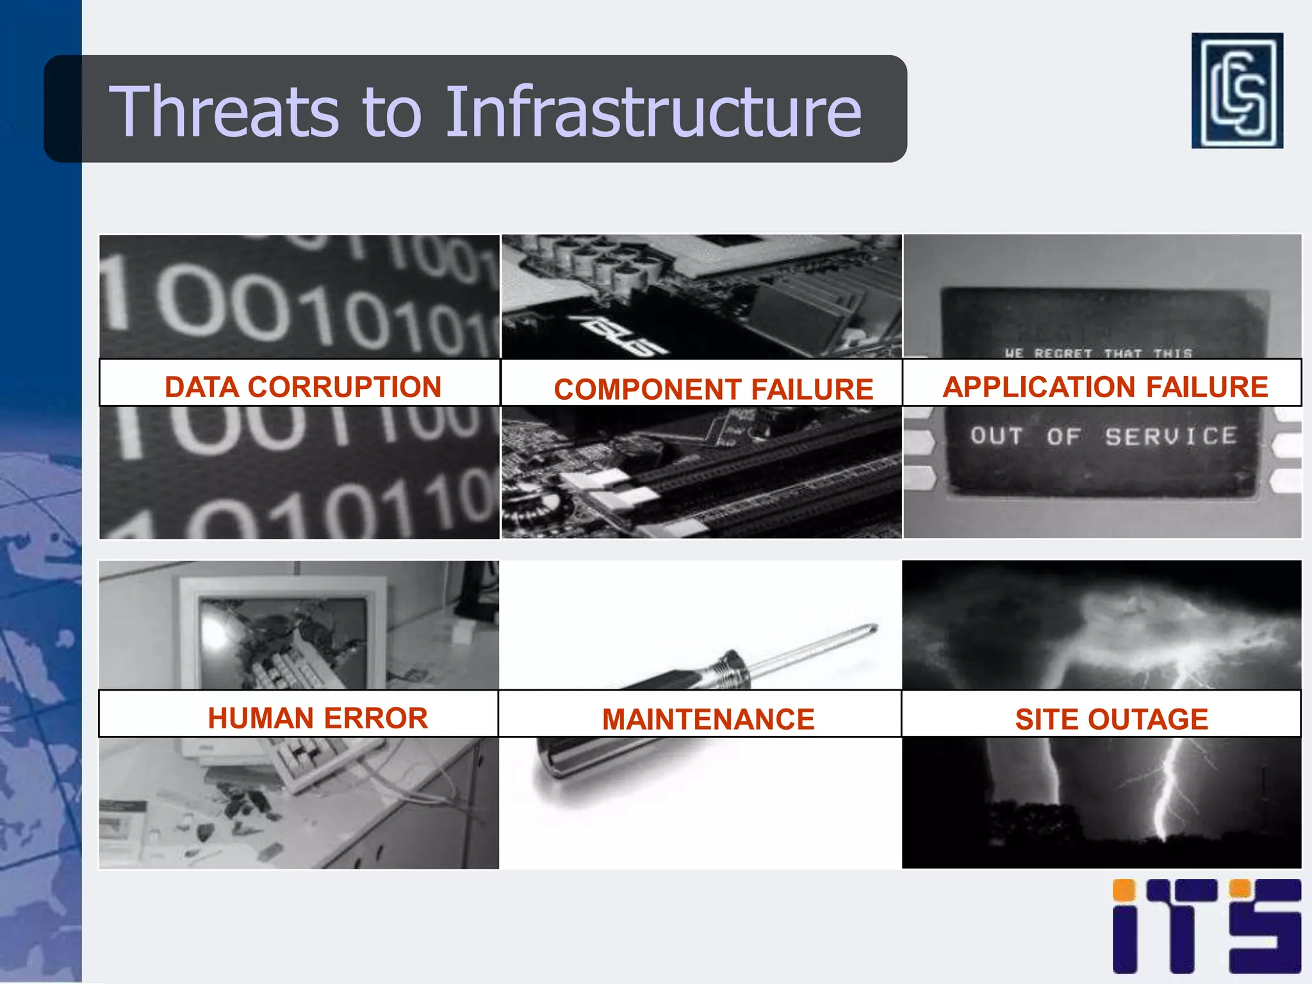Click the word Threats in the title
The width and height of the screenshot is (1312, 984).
(224, 111)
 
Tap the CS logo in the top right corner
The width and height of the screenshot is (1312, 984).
(1236, 90)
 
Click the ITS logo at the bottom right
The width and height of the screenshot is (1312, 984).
(1206, 926)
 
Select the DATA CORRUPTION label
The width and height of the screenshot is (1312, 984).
(302, 386)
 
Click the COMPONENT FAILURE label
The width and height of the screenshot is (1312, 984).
(713, 389)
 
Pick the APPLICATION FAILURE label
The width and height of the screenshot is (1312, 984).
(1105, 386)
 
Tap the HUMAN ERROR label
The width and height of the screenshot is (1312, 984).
(317, 717)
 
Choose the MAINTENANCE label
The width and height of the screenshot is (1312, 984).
(708, 719)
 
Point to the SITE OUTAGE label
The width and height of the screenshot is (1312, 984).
(1111, 719)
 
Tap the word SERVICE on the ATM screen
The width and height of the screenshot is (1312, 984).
(1170, 436)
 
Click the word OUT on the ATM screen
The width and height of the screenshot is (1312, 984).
(996, 436)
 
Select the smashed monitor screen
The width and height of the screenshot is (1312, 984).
(282, 641)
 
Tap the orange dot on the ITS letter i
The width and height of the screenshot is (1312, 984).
(1124, 890)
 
